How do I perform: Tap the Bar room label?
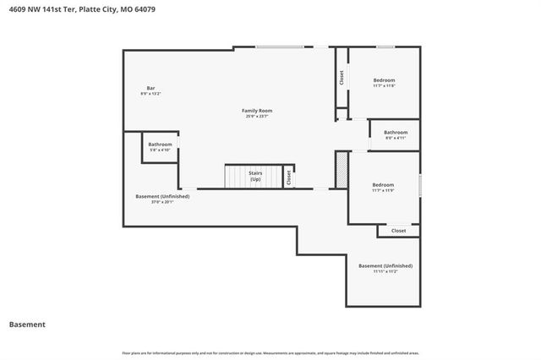tap(150, 88)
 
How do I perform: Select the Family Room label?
tap(257, 111)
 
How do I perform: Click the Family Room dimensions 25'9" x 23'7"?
tap(257, 116)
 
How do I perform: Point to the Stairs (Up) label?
tap(254, 176)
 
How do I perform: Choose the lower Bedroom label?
tap(384, 184)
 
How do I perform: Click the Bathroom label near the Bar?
tap(160, 145)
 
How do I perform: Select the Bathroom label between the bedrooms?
tap(396, 132)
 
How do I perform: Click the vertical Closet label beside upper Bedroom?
tap(342, 78)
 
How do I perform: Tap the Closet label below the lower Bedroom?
tap(398, 230)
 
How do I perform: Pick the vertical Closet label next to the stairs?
tap(289, 177)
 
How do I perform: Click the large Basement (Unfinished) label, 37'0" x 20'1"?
tap(162, 196)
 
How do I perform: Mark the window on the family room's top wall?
tap(280, 46)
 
